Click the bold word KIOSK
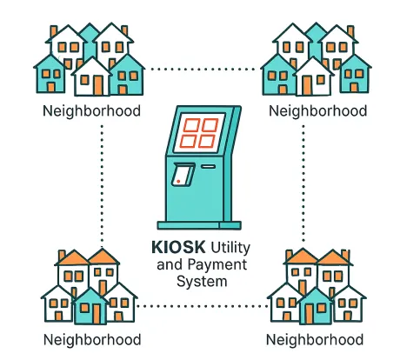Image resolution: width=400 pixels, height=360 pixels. point(178,247)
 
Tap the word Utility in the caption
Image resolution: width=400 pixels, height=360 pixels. point(230,249)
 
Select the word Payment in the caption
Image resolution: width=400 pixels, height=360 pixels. point(217,265)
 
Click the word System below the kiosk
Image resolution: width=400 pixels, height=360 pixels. point(202,282)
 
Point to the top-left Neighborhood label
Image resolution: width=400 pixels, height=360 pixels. point(91,111)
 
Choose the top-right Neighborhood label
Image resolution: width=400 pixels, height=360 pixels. point(317,111)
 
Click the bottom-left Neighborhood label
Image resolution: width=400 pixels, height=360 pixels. point(92,340)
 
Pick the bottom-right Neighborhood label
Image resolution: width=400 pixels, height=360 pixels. point(315,340)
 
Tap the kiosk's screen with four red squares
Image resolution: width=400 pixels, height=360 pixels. point(199,133)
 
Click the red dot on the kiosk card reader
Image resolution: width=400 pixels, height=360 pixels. point(178,182)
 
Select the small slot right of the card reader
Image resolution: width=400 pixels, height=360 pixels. point(209,167)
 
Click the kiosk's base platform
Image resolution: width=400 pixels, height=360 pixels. point(199,225)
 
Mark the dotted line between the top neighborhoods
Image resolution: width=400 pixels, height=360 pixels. point(203,70)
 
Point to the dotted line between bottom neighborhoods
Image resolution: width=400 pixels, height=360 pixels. point(202,306)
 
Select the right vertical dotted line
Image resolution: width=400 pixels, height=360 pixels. point(303,183)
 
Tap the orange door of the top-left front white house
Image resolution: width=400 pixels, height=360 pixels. point(98,85)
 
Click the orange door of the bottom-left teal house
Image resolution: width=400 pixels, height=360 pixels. point(97,314)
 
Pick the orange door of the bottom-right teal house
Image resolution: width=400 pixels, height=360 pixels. point(310,314)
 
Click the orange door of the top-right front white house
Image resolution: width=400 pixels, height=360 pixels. point(306,85)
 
